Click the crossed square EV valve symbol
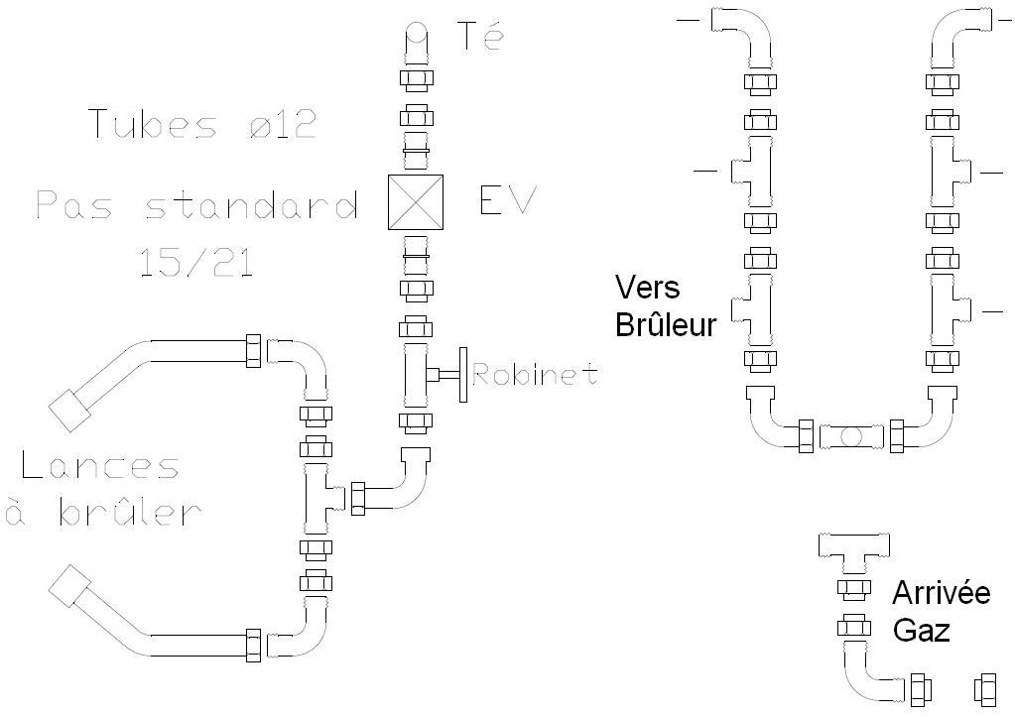(417, 202)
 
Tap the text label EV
(507, 201)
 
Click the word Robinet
(536, 375)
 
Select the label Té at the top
(480, 36)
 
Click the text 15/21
(196, 262)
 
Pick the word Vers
(647, 288)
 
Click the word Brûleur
(666, 324)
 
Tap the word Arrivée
(941, 593)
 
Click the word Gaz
(921, 630)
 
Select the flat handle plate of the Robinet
(462, 375)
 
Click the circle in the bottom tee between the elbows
(851, 435)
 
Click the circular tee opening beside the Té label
(417, 40)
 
